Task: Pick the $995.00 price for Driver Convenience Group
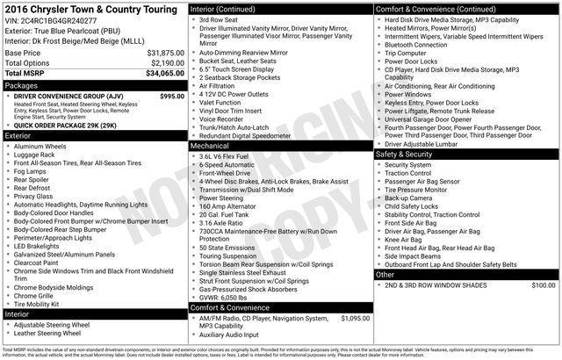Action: (x=167, y=96)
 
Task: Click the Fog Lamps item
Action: (x=32, y=171)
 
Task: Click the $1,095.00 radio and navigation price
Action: (x=351, y=318)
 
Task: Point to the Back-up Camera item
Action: (x=408, y=198)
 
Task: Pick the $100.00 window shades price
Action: (x=543, y=284)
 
